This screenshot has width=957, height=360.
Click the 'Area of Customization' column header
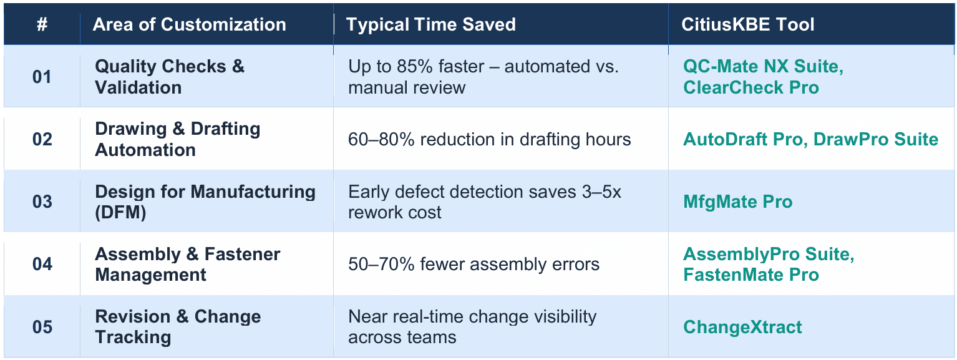[189, 25]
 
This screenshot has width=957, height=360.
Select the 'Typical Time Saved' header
[430, 25]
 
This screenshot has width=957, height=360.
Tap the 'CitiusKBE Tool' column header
[747, 25]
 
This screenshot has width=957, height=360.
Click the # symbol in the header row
[42, 25]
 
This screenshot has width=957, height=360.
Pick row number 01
[42, 77]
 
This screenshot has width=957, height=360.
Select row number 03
[42, 202]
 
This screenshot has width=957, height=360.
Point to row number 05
[42, 327]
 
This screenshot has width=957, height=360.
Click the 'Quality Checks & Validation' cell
[170, 77]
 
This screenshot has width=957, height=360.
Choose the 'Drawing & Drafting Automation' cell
[177, 139]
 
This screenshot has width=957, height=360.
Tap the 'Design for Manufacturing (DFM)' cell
[205, 202]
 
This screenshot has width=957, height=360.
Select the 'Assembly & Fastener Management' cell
[187, 264]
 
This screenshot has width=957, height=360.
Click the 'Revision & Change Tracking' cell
[177, 326]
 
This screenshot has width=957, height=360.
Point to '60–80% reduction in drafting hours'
[489, 140]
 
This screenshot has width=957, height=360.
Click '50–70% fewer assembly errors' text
[474, 265]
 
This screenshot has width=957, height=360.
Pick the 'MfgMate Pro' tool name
[737, 202]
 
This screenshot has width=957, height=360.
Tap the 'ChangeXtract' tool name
[742, 327]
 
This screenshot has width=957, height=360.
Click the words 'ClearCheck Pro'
[751, 88]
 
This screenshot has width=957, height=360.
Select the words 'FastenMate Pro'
[751, 275]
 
